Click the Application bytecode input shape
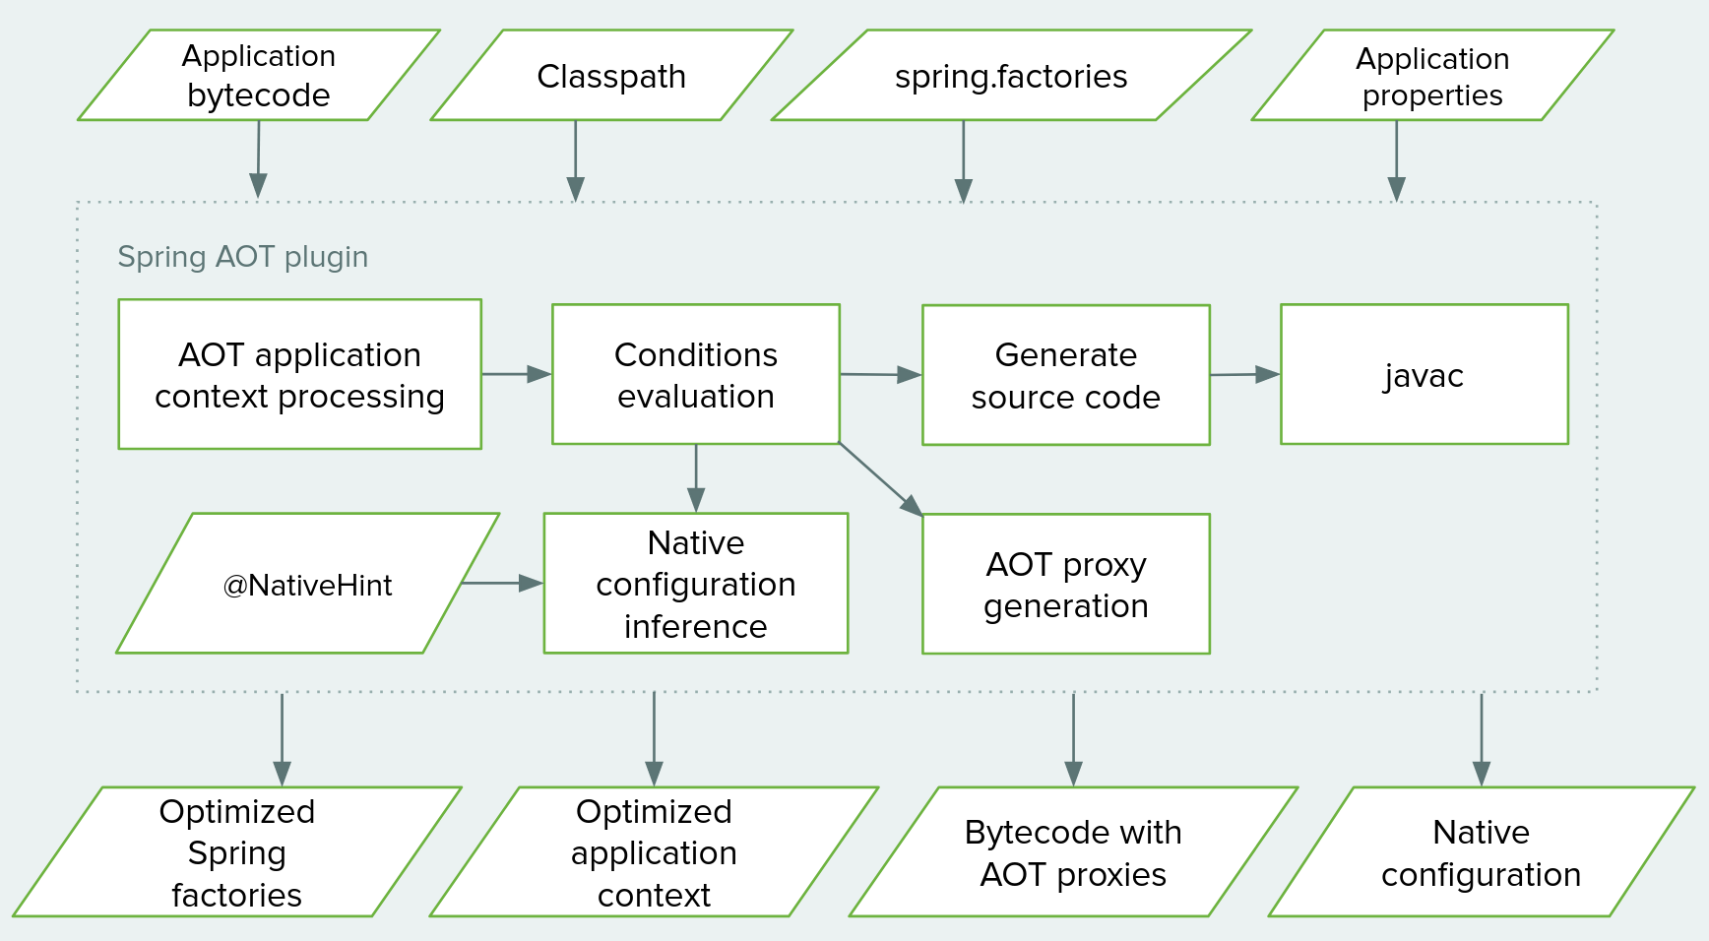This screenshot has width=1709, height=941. click(258, 76)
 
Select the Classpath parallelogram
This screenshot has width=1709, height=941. click(610, 76)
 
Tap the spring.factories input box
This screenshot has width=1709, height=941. click(1011, 76)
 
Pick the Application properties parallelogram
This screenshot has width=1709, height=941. click(1431, 76)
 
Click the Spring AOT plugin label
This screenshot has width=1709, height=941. click(242, 257)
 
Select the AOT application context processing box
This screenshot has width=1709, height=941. click(299, 375)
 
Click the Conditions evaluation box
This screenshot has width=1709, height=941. click(695, 375)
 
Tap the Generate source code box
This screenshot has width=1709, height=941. click(1065, 375)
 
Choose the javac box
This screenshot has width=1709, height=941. click(1424, 375)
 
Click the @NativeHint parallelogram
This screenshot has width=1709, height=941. click(307, 584)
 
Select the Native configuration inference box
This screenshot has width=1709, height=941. click(695, 584)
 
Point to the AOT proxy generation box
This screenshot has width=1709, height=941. click(1065, 585)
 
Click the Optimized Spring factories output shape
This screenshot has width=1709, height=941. click(236, 852)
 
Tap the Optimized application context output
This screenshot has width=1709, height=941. click(654, 852)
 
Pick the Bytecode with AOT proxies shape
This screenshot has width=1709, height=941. click(1073, 852)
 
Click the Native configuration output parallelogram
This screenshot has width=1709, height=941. click(1481, 852)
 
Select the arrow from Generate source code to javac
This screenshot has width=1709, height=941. click(1244, 374)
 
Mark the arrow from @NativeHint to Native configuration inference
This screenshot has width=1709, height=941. click(502, 583)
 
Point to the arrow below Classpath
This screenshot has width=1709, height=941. click(575, 159)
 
